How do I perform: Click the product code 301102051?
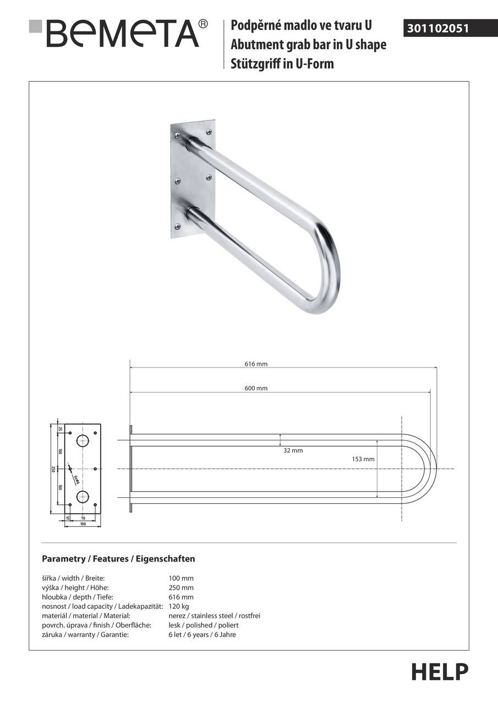438,28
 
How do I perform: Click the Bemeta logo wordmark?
122,33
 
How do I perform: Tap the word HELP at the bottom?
440,672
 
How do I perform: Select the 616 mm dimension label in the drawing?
256,364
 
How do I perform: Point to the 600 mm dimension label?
256,388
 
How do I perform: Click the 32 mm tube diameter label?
293,450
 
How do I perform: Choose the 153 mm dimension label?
363,459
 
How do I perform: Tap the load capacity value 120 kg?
179,606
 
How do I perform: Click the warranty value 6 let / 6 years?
202,634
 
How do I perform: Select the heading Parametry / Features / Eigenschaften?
118,559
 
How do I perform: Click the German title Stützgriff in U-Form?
282,64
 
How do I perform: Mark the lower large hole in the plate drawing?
83,497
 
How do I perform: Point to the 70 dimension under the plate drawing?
83,518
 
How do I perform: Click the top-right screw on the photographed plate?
209,131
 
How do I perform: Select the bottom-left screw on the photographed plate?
177,226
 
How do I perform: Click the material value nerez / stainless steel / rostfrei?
214,615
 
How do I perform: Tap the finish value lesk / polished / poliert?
204,625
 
